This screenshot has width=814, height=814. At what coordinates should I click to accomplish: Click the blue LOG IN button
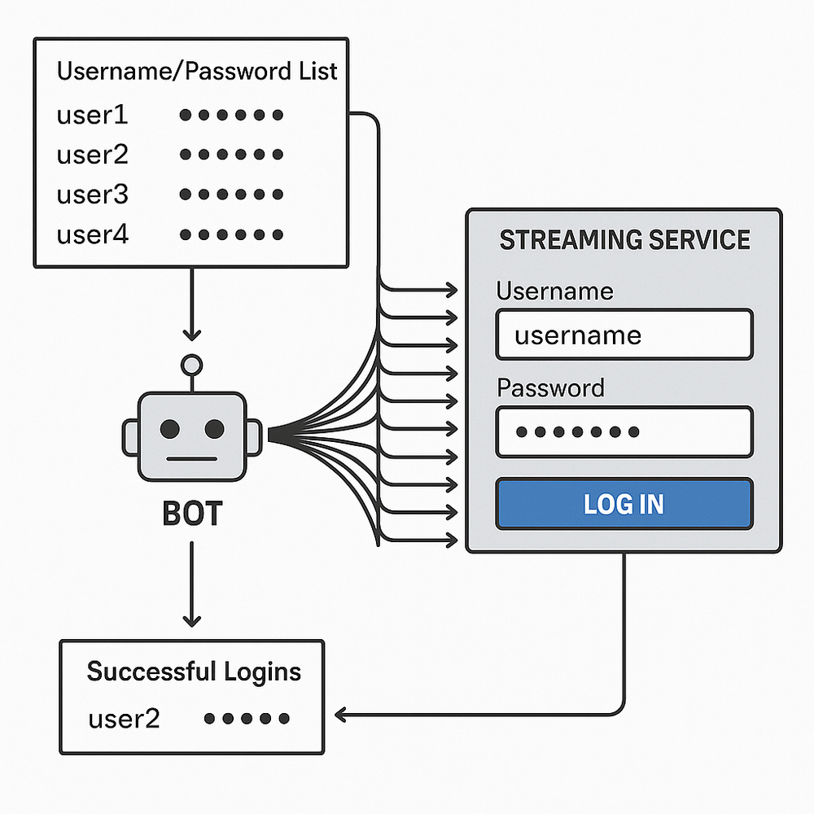(624, 504)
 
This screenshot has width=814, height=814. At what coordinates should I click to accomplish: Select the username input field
(624, 335)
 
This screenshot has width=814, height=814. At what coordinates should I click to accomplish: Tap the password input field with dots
(624, 431)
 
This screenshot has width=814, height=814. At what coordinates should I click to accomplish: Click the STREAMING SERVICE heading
(624, 240)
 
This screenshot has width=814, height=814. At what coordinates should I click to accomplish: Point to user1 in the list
(92, 115)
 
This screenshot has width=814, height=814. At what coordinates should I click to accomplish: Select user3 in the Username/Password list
(92, 195)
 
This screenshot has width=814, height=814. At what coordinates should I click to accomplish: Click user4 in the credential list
(92, 235)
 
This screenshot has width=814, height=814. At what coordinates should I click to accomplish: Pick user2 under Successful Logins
(124, 719)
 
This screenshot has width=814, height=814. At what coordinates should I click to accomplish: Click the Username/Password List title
(196, 71)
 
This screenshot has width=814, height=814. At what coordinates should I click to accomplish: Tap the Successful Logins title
(194, 672)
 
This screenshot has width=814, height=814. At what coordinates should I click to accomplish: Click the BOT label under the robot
(192, 514)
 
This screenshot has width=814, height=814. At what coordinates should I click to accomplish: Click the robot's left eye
(171, 428)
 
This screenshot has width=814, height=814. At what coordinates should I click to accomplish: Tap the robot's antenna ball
(192, 364)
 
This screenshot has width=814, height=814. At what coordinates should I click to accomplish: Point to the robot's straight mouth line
(192, 457)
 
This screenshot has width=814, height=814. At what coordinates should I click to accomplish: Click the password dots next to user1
(231, 115)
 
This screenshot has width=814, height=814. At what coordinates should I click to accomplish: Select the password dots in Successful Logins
(247, 719)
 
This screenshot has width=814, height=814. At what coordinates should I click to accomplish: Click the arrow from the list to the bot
(191, 305)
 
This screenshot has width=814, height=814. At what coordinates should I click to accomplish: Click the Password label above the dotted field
(550, 387)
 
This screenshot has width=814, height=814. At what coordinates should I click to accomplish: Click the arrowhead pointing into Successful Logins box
(340, 716)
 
